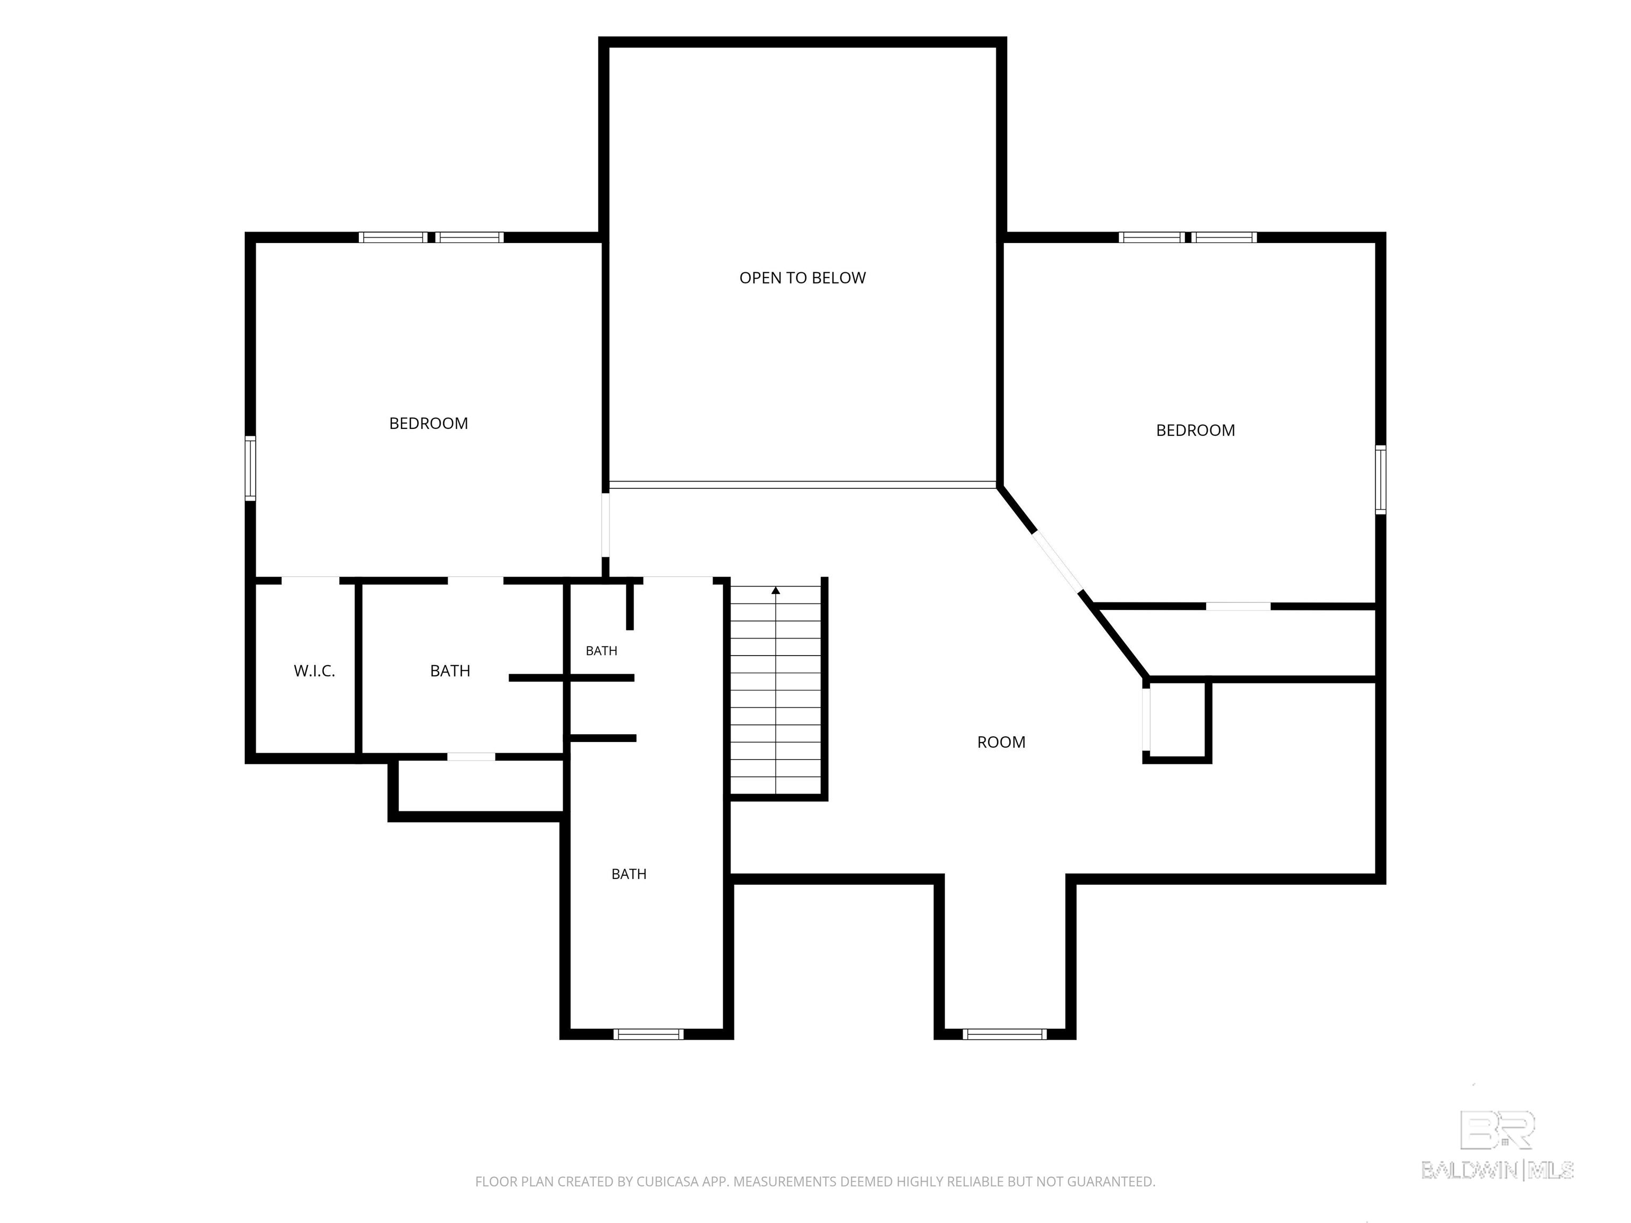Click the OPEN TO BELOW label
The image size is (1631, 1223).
(802, 278)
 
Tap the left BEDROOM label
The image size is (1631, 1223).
(428, 423)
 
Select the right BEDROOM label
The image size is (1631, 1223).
(1195, 430)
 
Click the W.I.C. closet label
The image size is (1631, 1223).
(314, 671)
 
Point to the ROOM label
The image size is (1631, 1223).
(1001, 743)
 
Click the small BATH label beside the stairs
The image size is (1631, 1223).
(602, 650)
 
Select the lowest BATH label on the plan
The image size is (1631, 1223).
(629, 874)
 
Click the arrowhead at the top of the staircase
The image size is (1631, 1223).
(776, 590)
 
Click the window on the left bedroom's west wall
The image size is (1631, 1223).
(251, 468)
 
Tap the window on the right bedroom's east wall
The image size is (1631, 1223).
(1380, 479)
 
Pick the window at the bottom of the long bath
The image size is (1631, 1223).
(649, 1034)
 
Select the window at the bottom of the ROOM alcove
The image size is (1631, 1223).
(1005, 1034)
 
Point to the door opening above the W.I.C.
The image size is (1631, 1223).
(311, 580)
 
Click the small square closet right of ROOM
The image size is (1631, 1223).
(1178, 719)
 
